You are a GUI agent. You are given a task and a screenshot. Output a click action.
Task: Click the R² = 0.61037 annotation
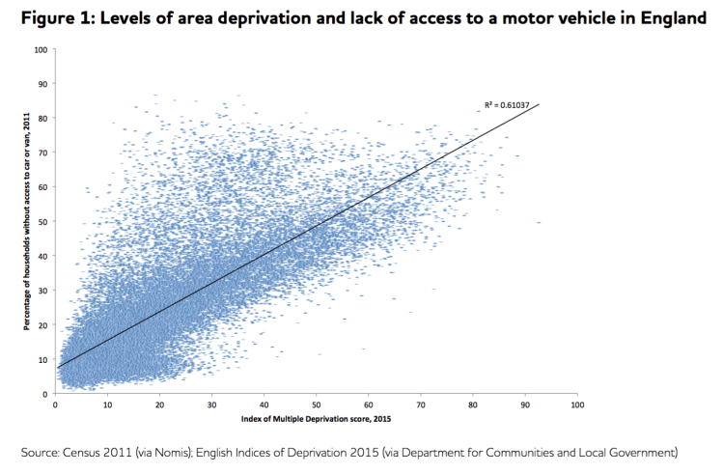click(506, 104)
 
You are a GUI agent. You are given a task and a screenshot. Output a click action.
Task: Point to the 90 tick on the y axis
click(42, 83)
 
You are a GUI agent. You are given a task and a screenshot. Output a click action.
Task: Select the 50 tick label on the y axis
click(42, 221)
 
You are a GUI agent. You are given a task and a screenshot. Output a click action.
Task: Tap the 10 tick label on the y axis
click(42, 359)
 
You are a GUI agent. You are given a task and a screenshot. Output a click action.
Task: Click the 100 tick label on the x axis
click(577, 405)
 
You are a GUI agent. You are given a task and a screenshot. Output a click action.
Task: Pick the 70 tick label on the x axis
click(421, 405)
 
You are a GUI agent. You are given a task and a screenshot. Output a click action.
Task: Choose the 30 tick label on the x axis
click(212, 405)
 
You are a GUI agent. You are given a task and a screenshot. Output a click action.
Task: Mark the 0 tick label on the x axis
click(56, 405)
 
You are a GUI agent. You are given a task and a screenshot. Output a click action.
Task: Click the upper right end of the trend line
click(539, 104)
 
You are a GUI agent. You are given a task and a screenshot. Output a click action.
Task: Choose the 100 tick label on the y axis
click(41, 48)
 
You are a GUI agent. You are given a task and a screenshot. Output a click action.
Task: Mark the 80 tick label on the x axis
click(473, 405)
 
